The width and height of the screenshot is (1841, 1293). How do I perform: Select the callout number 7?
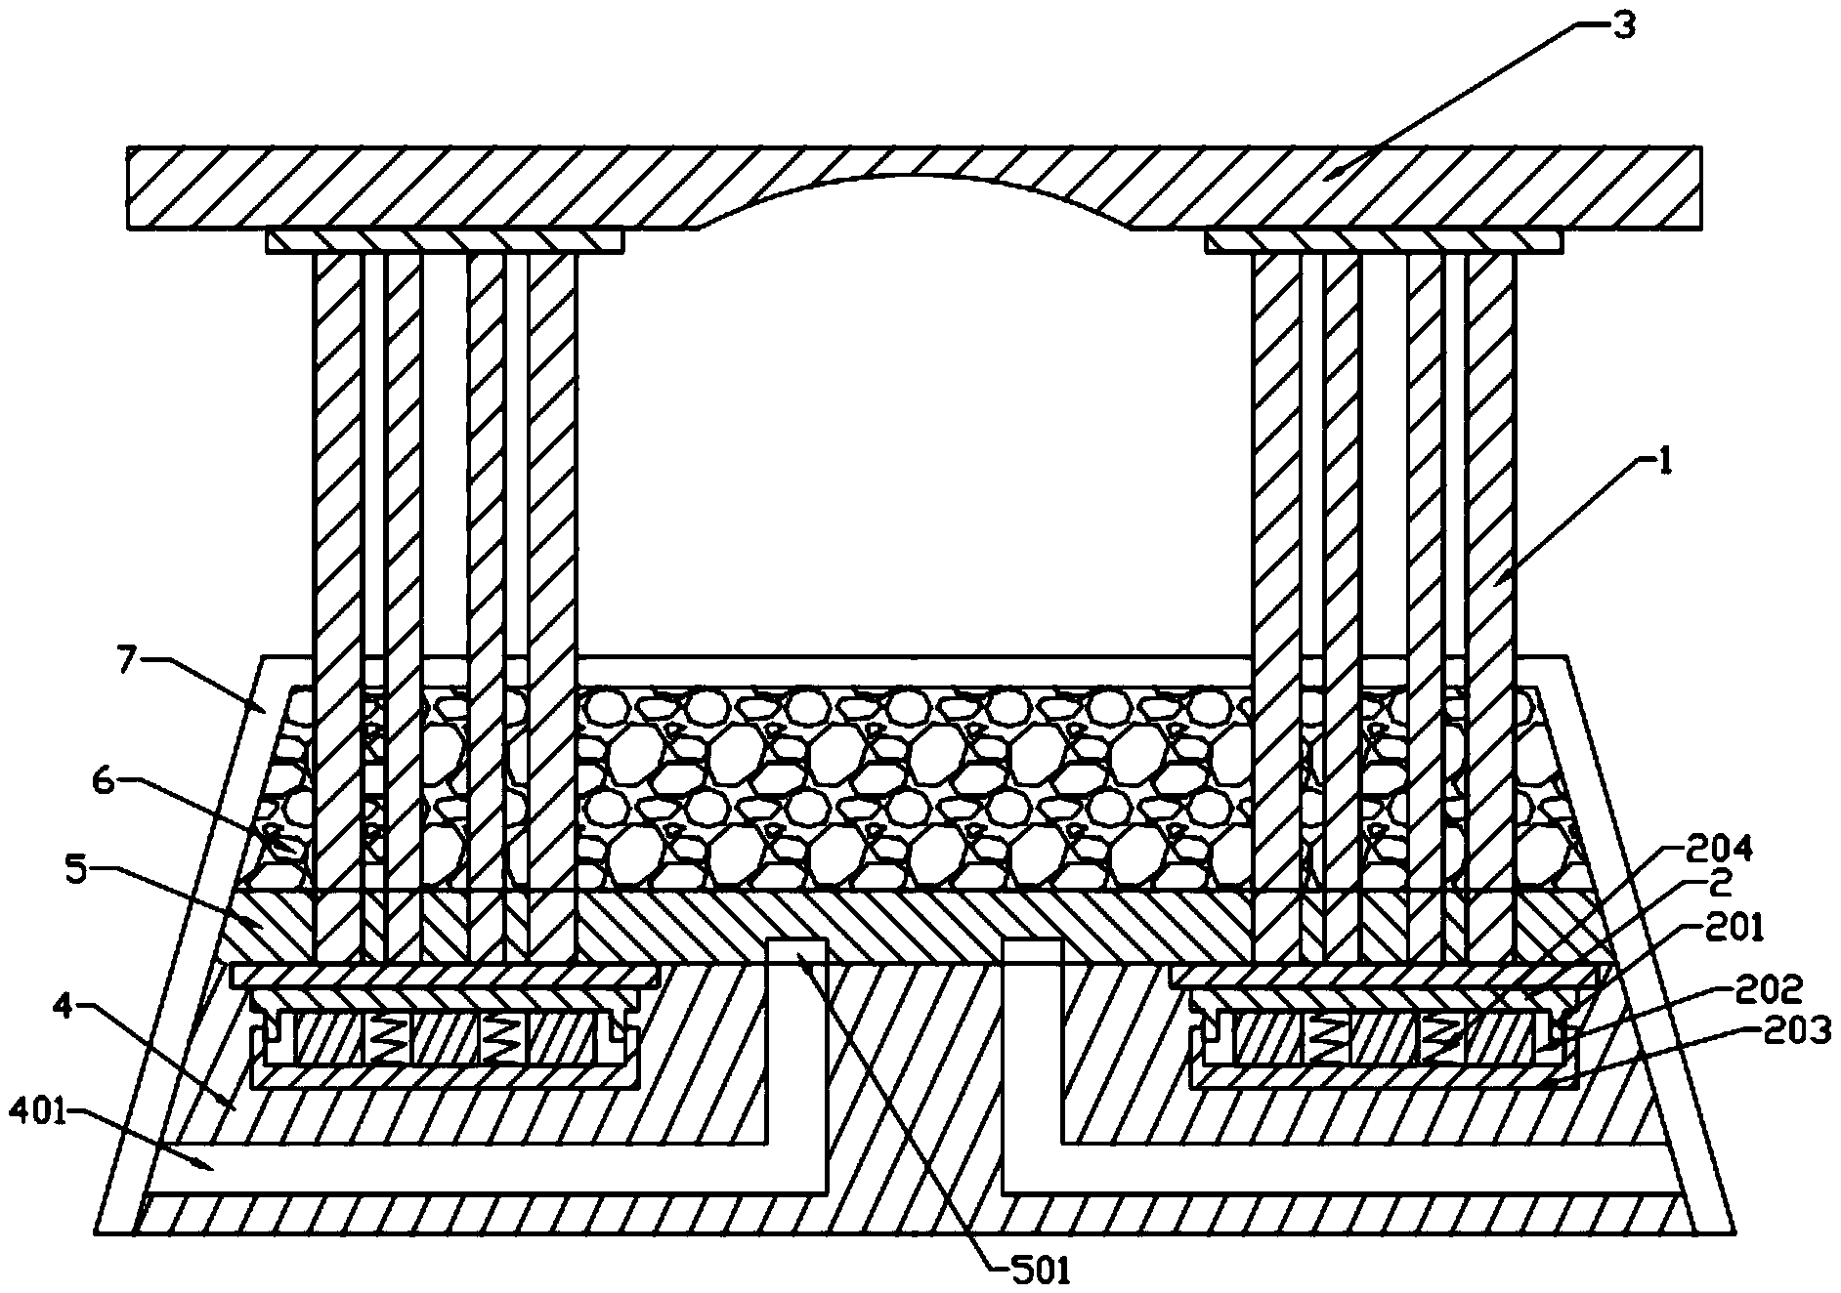pyautogui.click(x=126, y=661)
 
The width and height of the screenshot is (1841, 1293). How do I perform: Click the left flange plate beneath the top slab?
pyautogui.click(x=445, y=240)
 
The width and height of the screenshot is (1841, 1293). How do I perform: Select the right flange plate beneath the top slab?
pyautogui.click(x=1383, y=240)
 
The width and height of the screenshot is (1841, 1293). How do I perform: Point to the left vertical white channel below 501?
pyautogui.click(x=797, y=1055)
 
